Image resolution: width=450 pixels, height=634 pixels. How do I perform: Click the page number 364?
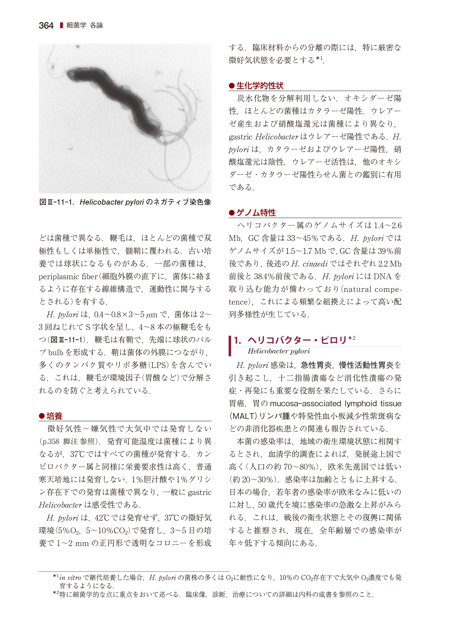pyautogui.click(x=46, y=26)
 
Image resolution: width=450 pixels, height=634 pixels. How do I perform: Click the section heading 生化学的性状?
pyautogui.click(x=260, y=86)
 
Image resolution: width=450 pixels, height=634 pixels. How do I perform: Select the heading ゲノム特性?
pyautogui.click(x=256, y=213)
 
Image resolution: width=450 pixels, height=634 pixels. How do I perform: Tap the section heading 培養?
pyautogui.click(x=54, y=416)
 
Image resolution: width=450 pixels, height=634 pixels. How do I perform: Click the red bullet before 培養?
pyautogui.click(x=42, y=416)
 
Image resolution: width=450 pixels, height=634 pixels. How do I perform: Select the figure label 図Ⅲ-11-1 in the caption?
pyautogui.click(x=57, y=202)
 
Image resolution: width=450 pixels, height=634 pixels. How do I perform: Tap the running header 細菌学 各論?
pyautogui.click(x=84, y=26)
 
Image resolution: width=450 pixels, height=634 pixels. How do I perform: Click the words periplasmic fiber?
pyautogui.click(x=68, y=276)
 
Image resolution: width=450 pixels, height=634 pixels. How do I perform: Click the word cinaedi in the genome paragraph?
pyautogui.click(x=315, y=264)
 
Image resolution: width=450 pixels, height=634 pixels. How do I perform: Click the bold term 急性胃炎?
pyautogui.click(x=316, y=365)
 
